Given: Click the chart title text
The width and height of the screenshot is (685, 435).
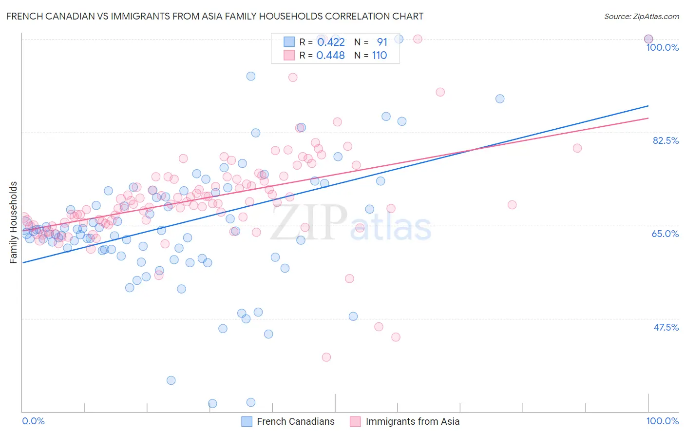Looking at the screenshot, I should pyautogui.click(x=215, y=16).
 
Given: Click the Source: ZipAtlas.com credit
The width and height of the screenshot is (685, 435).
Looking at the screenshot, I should pyautogui.click(x=641, y=16).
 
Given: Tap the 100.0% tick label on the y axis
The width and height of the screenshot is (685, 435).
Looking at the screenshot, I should pyautogui.click(x=662, y=47).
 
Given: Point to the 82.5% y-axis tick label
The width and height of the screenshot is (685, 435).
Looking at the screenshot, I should pyautogui.click(x=666, y=140).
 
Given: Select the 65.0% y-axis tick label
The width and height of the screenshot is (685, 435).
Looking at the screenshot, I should pyautogui.click(x=665, y=234).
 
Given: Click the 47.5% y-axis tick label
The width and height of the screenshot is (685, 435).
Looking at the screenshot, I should pyautogui.click(x=666, y=327).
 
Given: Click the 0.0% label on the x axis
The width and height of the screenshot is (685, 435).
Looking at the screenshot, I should pyautogui.click(x=33, y=421).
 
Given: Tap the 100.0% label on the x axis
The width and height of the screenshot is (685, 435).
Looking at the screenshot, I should pyautogui.click(x=662, y=421).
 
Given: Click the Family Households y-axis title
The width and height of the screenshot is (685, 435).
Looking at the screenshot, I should pyautogui.click(x=14, y=222).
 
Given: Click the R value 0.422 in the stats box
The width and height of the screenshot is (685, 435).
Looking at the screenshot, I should pyautogui.click(x=331, y=42).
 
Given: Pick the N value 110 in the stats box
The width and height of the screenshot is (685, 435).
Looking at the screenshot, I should pyautogui.click(x=379, y=56).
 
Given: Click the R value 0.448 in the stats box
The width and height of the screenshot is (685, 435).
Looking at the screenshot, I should pyautogui.click(x=330, y=56).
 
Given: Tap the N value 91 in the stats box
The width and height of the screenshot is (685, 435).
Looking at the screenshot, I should pyautogui.click(x=382, y=42).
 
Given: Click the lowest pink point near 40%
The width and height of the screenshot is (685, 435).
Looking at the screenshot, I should pyautogui.click(x=326, y=357).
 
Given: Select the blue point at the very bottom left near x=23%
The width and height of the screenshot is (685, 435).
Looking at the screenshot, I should pyautogui.click(x=171, y=380).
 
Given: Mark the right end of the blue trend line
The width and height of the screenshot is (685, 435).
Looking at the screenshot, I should pyautogui.click(x=648, y=106).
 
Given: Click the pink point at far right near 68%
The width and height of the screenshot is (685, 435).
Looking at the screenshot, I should pyautogui.click(x=512, y=205).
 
